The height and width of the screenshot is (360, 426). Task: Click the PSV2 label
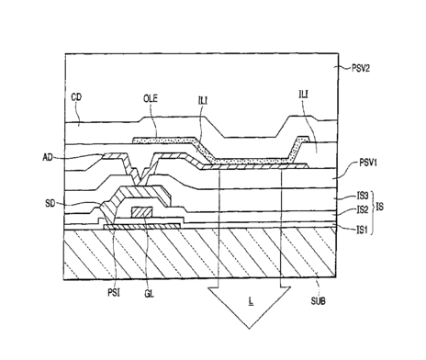coord(361,68)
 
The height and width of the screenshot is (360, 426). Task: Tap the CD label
coord(76,97)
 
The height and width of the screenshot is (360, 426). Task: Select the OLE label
coord(151,98)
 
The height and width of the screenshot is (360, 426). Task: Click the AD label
coord(48,158)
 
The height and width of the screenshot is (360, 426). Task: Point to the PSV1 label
coord(368,163)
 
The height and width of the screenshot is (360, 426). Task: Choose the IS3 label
coord(363,196)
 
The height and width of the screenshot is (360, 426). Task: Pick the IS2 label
coord(363,209)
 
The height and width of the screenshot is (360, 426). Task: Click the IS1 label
coord(363,230)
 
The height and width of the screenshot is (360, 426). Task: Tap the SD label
coord(50,203)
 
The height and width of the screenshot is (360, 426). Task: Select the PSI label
coord(114,293)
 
